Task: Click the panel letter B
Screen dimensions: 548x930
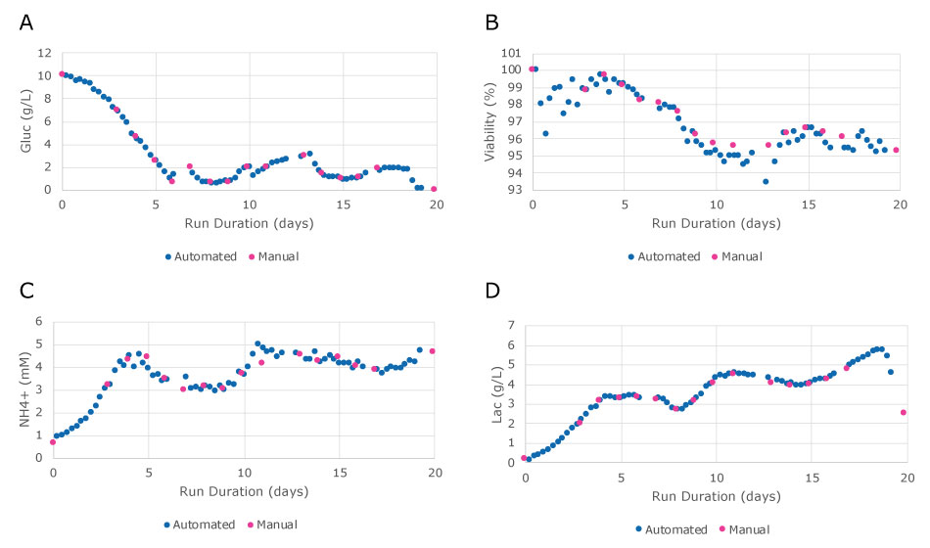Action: [x=492, y=23]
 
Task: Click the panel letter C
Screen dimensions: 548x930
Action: [x=26, y=292]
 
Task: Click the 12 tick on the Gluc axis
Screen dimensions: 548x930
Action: [x=44, y=53]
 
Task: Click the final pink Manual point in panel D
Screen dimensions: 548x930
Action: [x=904, y=412]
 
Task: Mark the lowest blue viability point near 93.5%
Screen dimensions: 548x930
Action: [x=766, y=181]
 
